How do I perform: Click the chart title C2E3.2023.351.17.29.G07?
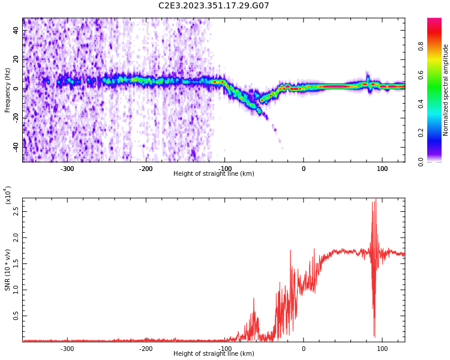click(214, 6)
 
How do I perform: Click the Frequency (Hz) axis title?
click(8, 90)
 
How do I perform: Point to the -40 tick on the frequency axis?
click(15, 146)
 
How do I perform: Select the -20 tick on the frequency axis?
click(15, 117)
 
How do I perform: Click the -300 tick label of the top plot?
click(67, 169)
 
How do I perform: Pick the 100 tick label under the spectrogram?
click(382, 169)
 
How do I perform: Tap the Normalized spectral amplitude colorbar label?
click(446, 90)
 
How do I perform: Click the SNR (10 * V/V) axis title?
click(8, 270)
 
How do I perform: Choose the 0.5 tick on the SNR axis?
click(16, 316)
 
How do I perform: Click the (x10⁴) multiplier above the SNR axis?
click(8, 196)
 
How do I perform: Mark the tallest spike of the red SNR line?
click(376, 200)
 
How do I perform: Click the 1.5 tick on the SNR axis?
click(16, 263)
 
